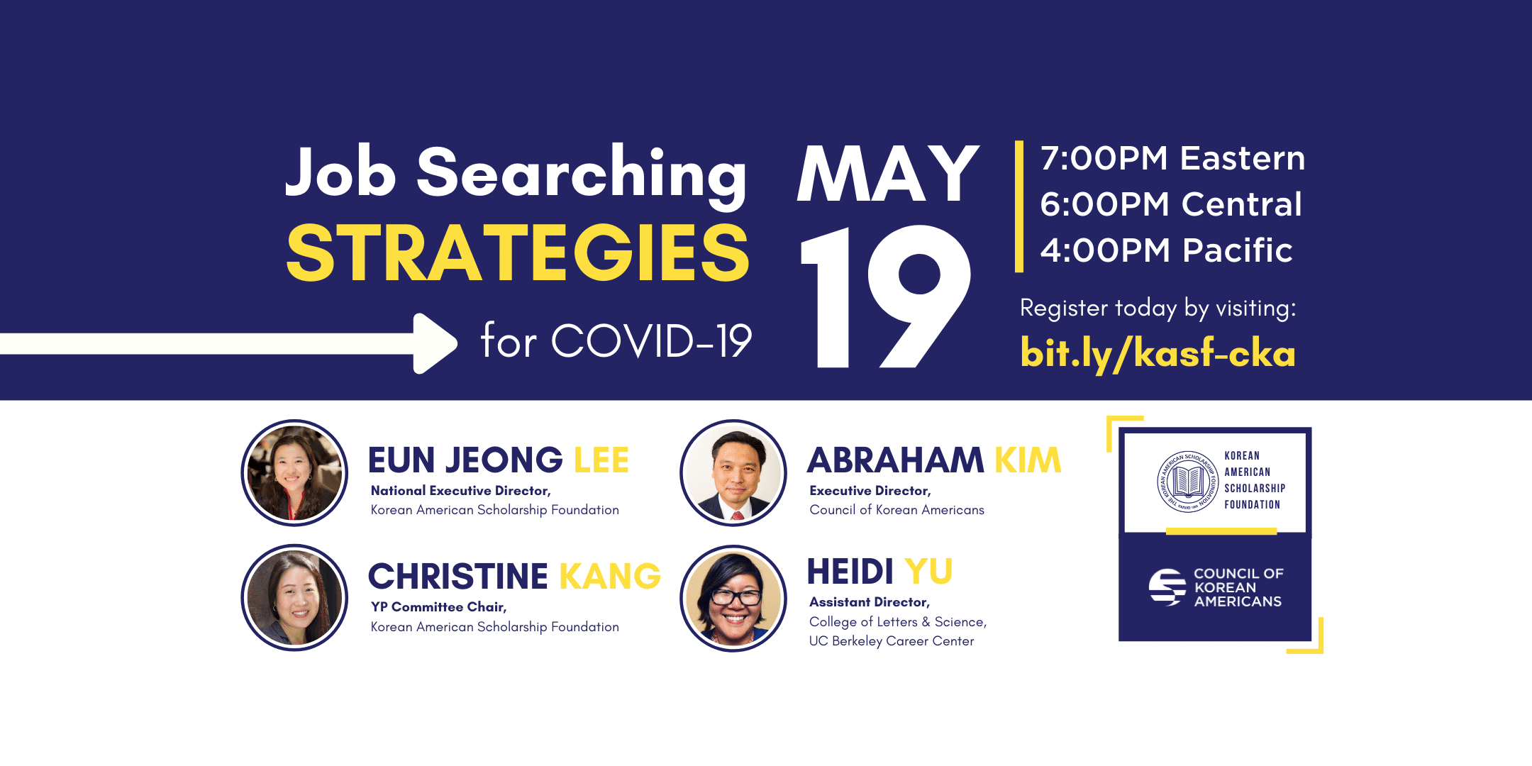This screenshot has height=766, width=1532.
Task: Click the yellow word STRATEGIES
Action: pyautogui.click(x=518, y=252)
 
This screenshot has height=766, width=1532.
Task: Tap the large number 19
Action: pyautogui.click(x=886, y=296)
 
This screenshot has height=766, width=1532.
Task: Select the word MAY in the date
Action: pyautogui.click(x=888, y=173)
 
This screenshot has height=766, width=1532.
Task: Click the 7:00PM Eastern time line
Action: pyautogui.click(x=1172, y=157)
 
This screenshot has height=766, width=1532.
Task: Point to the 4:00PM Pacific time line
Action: pyautogui.click(x=1167, y=250)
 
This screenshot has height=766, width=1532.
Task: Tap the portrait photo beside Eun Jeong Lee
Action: pyautogui.click(x=294, y=473)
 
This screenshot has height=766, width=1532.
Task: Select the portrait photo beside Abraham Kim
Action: pyautogui.click(x=733, y=473)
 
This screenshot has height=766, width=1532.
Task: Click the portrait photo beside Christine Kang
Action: pyautogui.click(x=294, y=598)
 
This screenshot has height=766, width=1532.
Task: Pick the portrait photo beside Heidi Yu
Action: pyautogui.click(x=733, y=598)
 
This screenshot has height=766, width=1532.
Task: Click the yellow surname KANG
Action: pyautogui.click(x=610, y=576)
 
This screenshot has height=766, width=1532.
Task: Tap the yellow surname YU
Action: pyautogui.click(x=928, y=571)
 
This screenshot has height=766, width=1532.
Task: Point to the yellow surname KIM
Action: pyautogui.click(x=1028, y=460)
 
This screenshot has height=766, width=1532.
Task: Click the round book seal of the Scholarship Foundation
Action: pyautogui.click(x=1188, y=482)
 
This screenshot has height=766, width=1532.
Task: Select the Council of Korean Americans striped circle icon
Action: pyautogui.click(x=1167, y=587)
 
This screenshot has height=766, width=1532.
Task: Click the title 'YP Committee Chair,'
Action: pyautogui.click(x=438, y=607)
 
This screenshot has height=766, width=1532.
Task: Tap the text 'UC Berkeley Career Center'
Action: pyautogui.click(x=892, y=641)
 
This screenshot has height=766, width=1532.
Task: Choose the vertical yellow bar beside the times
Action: pyautogui.click(x=1019, y=206)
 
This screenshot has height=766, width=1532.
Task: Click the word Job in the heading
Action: pyautogui.click(x=340, y=172)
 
